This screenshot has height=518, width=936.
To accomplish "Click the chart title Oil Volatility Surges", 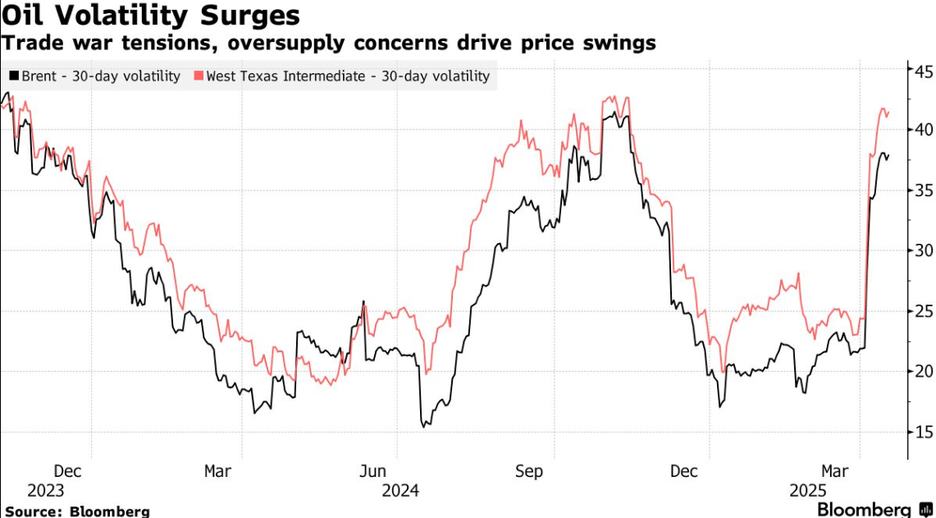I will tap(150, 16).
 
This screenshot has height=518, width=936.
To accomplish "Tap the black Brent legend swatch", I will tap(13, 76).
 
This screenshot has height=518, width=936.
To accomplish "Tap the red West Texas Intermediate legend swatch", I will tap(199, 76).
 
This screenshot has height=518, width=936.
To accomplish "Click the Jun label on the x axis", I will tap(374, 471).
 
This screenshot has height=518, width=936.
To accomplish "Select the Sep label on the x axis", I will tap(530, 471).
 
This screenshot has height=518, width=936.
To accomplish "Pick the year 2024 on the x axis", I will tap(400, 490).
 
